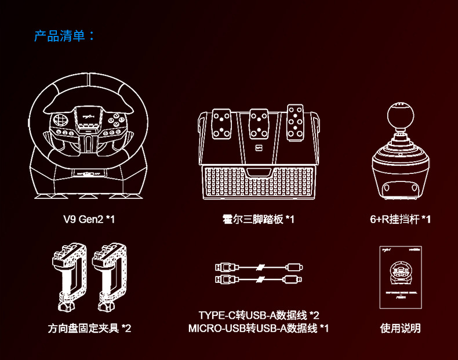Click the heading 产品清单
(x=64, y=36)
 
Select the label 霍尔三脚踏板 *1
(x=259, y=220)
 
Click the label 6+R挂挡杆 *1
(x=400, y=220)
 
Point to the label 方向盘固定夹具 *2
(x=89, y=329)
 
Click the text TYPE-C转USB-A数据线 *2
(x=259, y=315)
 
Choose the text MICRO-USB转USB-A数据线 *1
(x=259, y=329)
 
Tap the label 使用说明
(x=400, y=329)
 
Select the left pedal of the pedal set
(x=223, y=123)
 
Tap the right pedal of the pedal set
(x=294, y=123)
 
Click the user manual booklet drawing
(x=400, y=277)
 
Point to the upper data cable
(x=259, y=268)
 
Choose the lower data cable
(x=259, y=279)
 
